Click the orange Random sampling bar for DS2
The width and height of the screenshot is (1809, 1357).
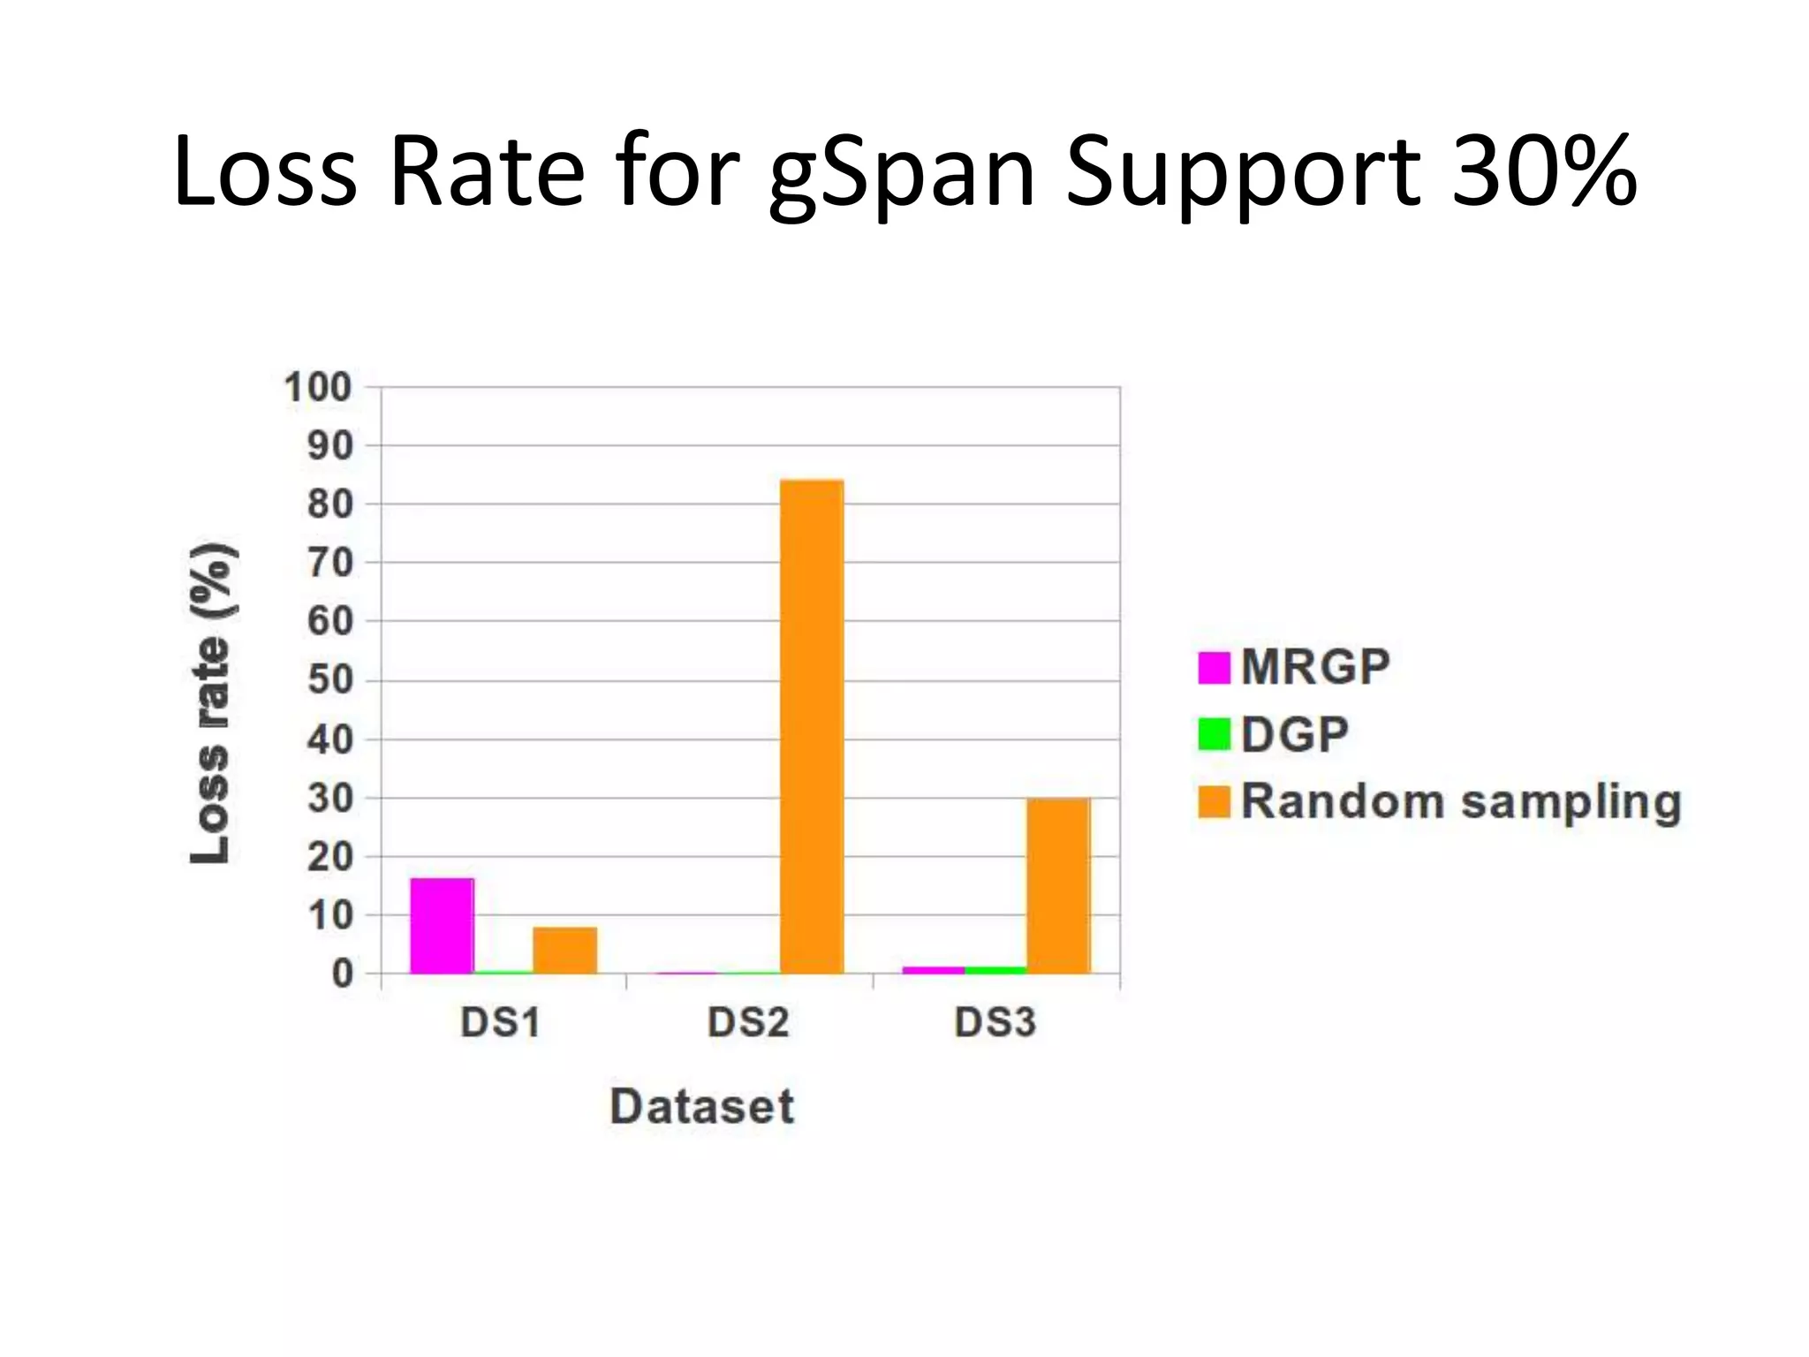click(812, 726)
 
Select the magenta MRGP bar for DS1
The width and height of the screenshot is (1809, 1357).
click(442, 925)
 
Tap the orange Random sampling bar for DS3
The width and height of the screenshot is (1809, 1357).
click(1057, 885)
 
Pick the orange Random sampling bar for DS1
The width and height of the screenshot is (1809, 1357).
click(565, 950)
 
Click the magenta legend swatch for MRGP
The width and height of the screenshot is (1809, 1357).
click(1214, 667)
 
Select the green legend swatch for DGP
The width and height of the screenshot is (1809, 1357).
click(1214, 734)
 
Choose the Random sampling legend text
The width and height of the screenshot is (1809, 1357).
click(1461, 802)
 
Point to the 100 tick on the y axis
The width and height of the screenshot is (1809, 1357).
click(317, 388)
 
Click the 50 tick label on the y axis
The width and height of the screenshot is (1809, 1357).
click(329, 680)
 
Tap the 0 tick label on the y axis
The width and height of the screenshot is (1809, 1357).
click(342, 974)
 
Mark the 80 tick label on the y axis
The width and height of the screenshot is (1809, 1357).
click(329, 504)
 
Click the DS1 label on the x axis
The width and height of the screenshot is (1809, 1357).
click(500, 1022)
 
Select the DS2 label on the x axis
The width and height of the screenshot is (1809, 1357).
click(747, 1022)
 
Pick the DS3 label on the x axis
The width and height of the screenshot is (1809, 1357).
click(995, 1022)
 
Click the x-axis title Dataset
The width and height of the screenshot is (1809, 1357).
click(702, 1106)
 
